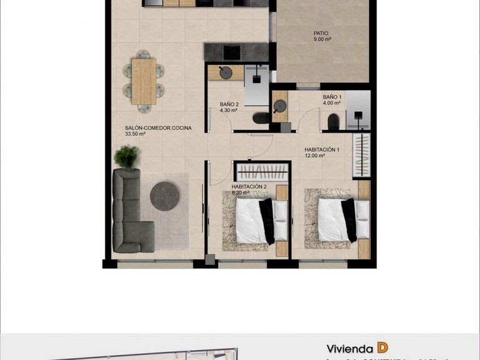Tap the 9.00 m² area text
[322, 39]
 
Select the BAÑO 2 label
[229, 104]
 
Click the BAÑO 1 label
[332, 97]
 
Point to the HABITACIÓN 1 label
[322, 149]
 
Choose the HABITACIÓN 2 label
[249, 186]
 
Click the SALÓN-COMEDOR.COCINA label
[158, 127]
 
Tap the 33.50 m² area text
[135, 134]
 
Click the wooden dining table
[144, 81]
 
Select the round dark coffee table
[164, 196]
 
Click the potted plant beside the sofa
[127, 156]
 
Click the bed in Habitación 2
[256, 221]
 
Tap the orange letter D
[382, 348]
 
